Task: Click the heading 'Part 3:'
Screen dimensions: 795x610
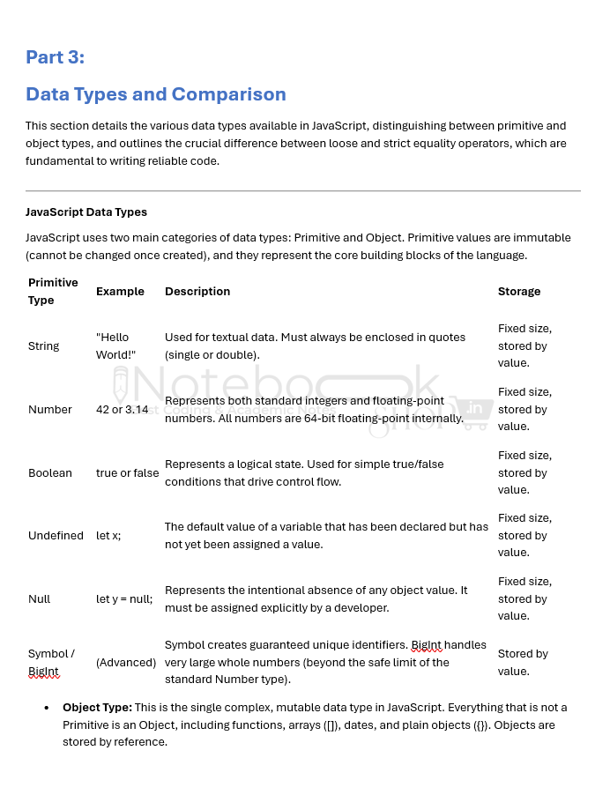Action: coord(55,57)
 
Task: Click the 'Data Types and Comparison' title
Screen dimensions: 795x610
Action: coord(155,94)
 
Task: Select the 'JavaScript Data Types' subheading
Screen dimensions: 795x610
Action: coord(86,212)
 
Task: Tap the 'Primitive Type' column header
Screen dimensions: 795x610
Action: coord(53,291)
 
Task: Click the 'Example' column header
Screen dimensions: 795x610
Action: coord(120,291)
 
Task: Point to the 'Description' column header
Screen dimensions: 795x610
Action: coord(197,291)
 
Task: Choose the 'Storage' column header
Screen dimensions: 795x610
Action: coord(519,291)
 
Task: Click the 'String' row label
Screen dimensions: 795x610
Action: coord(44,345)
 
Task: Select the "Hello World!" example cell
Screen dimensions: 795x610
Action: coord(115,345)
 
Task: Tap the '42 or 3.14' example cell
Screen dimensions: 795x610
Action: coord(122,409)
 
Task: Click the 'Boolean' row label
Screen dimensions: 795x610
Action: coord(50,472)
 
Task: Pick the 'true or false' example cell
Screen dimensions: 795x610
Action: coord(127,472)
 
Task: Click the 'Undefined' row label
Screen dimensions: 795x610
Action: coord(56,535)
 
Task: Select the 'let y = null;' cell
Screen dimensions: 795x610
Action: coord(124,598)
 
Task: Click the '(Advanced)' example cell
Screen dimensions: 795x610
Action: coord(125,662)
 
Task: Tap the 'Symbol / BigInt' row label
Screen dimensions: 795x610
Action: coord(51,662)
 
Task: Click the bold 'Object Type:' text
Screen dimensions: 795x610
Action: coord(97,707)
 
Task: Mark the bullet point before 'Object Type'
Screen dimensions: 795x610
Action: coord(46,708)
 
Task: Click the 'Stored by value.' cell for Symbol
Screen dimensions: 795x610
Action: coord(523,662)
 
